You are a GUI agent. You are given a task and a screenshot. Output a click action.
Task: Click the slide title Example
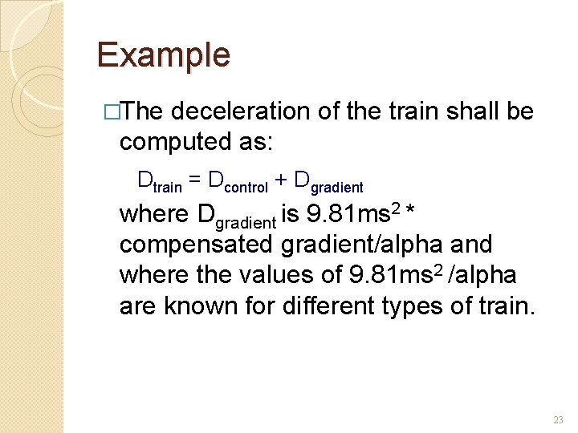pyautogui.click(x=163, y=55)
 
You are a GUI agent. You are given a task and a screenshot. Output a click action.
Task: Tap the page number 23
pyautogui.click(x=558, y=420)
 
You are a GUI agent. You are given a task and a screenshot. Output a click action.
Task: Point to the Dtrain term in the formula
pyautogui.click(x=160, y=181)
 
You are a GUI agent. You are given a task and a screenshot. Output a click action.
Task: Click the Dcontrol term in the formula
pyautogui.click(x=238, y=181)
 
